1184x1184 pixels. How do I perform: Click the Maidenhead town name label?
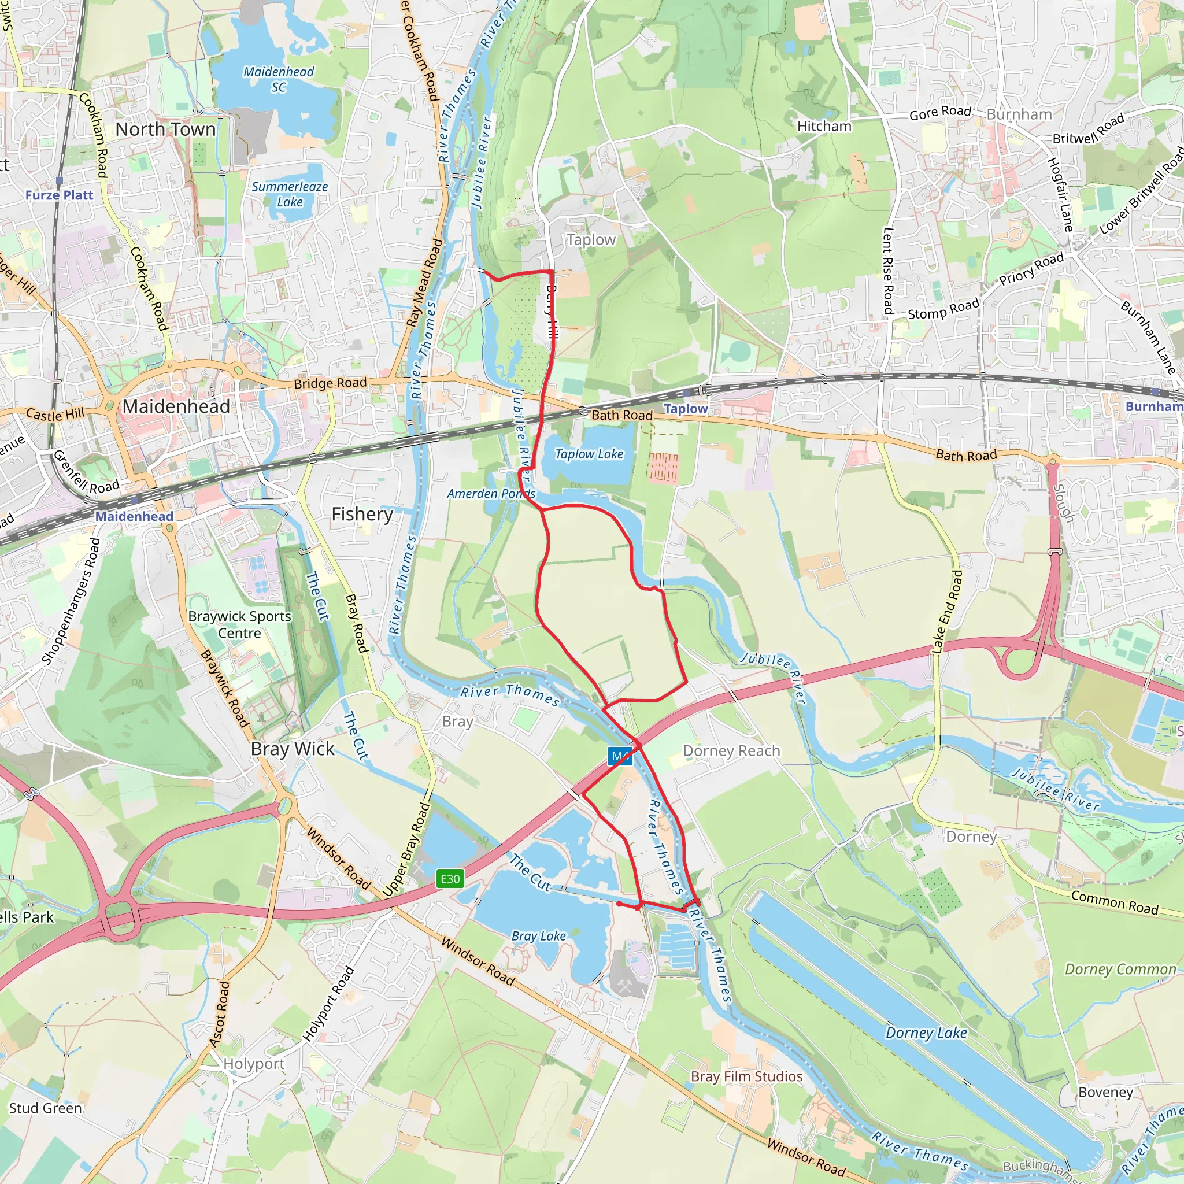coord(176,406)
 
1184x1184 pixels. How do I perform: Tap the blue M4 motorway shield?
coord(620,756)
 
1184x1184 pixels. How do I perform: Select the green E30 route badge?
coord(450,879)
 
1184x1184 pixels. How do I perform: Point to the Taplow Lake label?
coord(589,454)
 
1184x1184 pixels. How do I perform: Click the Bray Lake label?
coord(539,936)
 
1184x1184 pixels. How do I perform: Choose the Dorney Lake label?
coord(926,1033)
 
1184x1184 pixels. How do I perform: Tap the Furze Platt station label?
coord(60,195)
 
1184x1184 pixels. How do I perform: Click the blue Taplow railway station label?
coord(686,409)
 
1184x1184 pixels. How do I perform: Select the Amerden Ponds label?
coord(491,494)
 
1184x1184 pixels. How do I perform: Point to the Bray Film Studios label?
coord(746,1076)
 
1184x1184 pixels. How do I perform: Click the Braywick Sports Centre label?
coord(239,624)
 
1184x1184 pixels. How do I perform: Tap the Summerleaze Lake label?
coord(290,194)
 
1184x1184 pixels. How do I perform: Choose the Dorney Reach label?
coord(731,751)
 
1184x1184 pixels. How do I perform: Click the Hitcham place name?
coord(824,126)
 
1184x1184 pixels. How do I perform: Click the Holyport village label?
coord(254,1064)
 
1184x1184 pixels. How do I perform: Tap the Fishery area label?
coord(362,514)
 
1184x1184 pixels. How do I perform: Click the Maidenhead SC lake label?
coord(279,79)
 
